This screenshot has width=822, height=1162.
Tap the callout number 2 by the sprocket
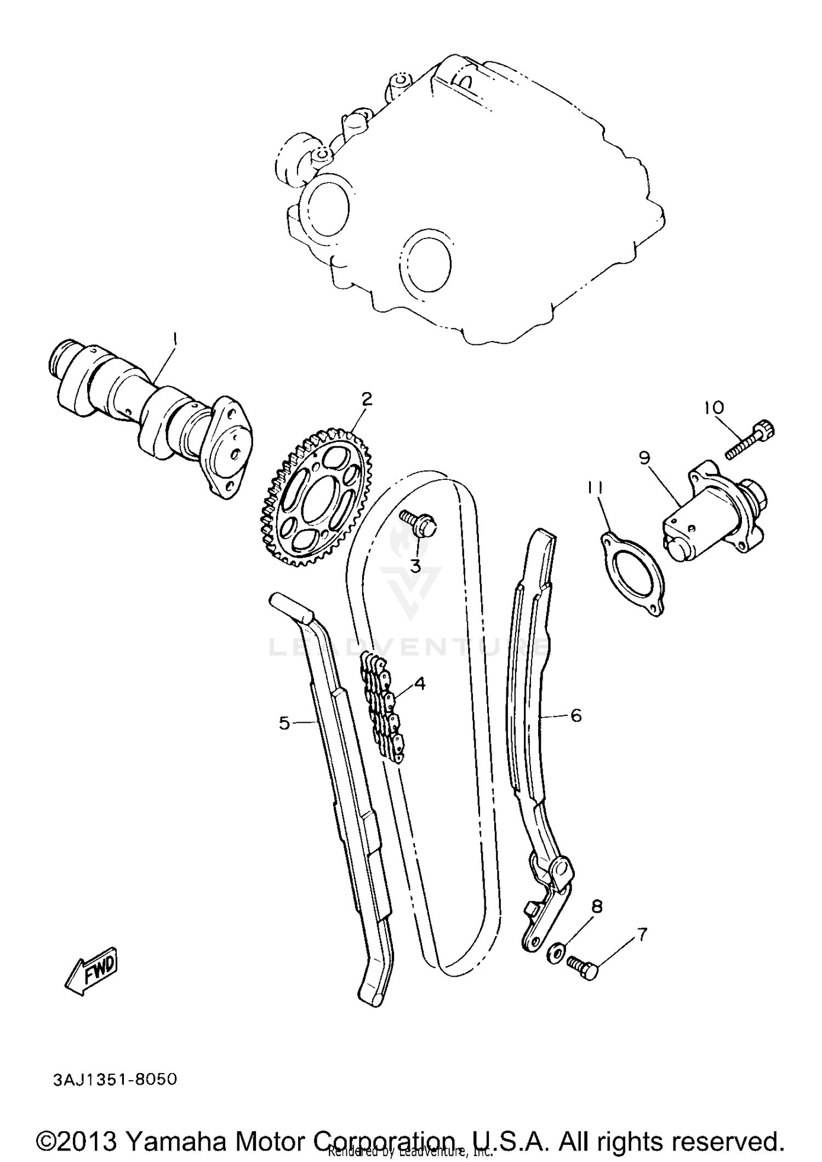click(366, 399)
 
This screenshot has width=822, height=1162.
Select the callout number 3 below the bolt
click(415, 566)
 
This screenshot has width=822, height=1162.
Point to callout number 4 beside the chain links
click(420, 683)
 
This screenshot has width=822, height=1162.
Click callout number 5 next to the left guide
click(284, 723)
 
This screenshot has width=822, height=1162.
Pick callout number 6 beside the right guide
click(576, 715)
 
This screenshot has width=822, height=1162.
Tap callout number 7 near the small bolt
click(642, 934)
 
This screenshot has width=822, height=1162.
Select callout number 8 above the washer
click(597, 907)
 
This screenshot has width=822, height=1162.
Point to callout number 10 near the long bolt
click(714, 407)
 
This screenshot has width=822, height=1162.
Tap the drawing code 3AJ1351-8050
click(115, 1080)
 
